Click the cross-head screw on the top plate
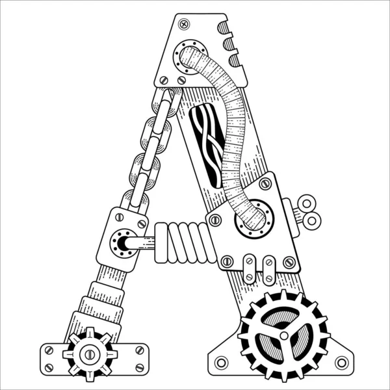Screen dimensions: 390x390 [x=184, y=24]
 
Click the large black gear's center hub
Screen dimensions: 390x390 [x=284, y=335]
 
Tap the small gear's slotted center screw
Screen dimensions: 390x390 [x=90, y=354]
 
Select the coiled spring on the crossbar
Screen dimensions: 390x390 [x=185, y=242]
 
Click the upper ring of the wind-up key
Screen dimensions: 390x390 [x=307, y=203]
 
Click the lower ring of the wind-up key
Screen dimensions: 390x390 [x=311, y=220]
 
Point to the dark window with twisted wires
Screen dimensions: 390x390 [x=207, y=146]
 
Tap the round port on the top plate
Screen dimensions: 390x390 [x=190, y=57]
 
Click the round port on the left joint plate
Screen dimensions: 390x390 [x=123, y=243]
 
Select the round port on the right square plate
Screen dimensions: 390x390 [x=254, y=219]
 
